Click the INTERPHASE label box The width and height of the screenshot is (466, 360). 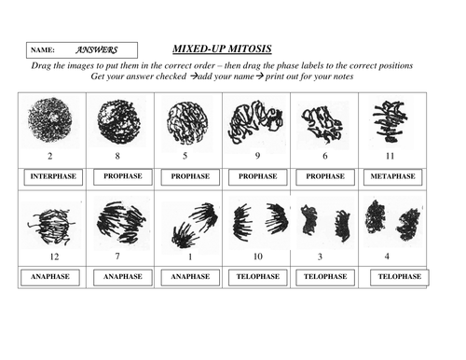(x=53, y=177)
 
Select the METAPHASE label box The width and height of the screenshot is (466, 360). (x=393, y=177)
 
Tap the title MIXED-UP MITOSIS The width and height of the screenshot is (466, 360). (x=222, y=49)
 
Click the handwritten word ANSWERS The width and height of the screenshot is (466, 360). (x=97, y=49)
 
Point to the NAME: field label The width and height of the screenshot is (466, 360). (x=43, y=50)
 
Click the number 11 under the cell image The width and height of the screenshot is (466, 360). (x=390, y=156)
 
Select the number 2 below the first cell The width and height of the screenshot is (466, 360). (x=50, y=156)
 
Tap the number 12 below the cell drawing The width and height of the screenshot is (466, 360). (x=54, y=256)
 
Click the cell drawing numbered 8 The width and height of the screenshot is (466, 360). (x=118, y=122)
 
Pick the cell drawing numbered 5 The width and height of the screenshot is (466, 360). (x=187, y=123)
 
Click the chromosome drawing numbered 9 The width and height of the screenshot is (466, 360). (x=255, y=121)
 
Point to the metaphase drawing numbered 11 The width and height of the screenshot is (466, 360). (x=390, y=121)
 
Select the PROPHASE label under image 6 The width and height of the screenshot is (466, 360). (x=325, y=177)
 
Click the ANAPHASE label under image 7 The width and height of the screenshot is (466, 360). (x=123, y=277)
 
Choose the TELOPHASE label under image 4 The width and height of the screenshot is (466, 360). (x=400, y=277)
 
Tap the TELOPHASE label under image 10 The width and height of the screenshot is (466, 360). (x=258, y=277)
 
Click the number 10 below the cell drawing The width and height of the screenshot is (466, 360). (x=258, y=256)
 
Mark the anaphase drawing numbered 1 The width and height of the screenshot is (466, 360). (x=195, y=226)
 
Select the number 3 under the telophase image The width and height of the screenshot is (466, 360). (x=320, y=256)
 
